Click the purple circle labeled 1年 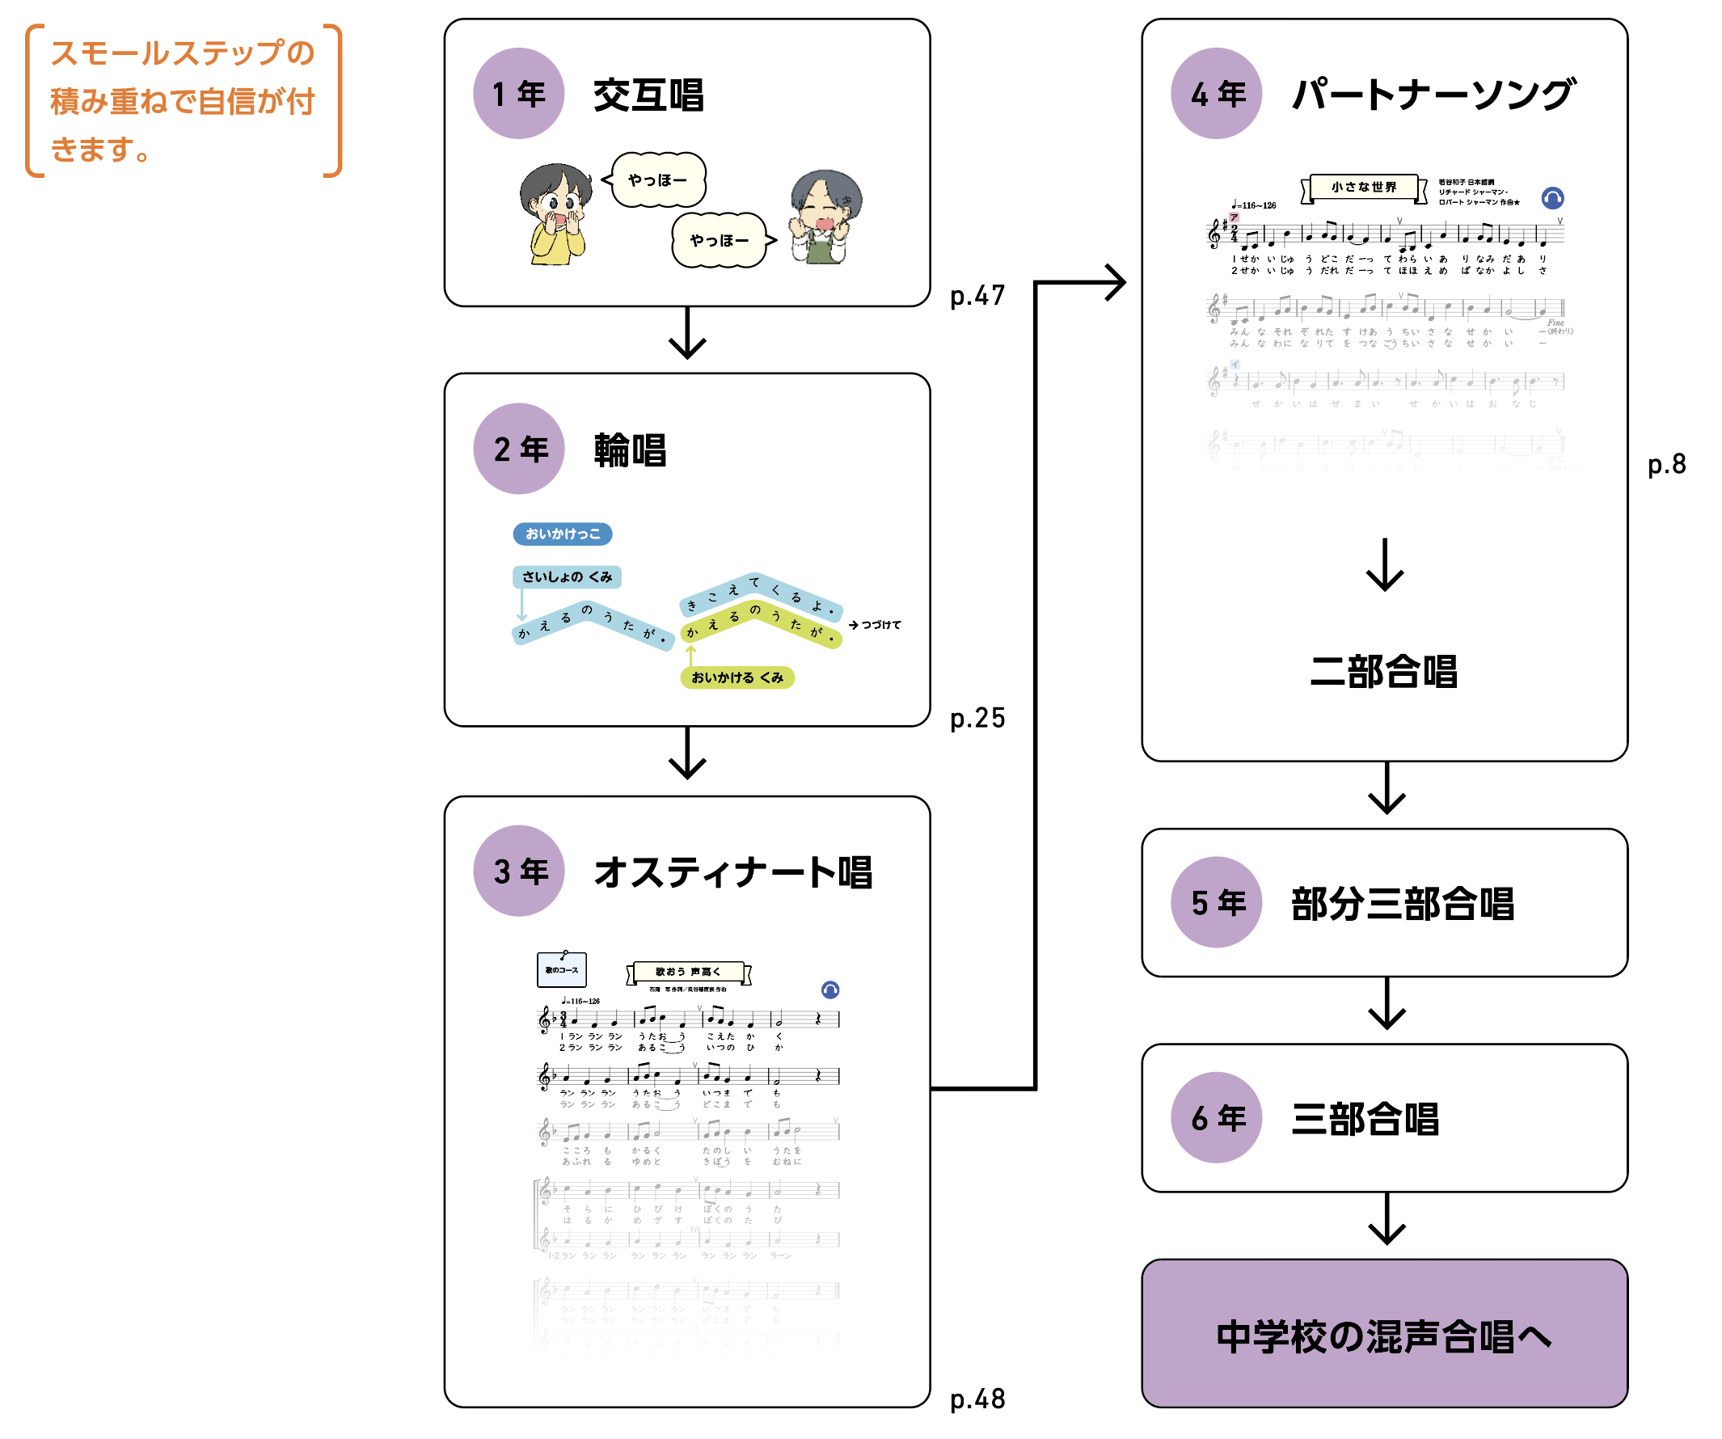(x=518, y=94)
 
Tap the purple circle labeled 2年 (x=518, y=449)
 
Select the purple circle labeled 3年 (x=518, y=871)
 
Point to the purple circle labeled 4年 (x=1216, y=94)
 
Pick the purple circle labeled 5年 (x=1216, y=902)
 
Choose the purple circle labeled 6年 (x=1216, y=1117)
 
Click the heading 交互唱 (x=648, y=95)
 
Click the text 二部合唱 (x=1384, y=672)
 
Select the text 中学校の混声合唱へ (x=1384, y=1336)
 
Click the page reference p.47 (x=977, y=295)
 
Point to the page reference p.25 (x=977, y=718)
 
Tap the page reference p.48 (x=977, y=1399)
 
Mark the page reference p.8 (x=1666, y=464)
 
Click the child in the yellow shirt (x=555, y=215)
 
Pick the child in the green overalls (x=824, y=218)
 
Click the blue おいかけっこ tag (x=563, y=534)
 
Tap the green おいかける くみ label (x=737, y=677)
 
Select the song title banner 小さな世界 (x=1364, y=187)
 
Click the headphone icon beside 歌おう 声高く (x=829, y=990)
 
